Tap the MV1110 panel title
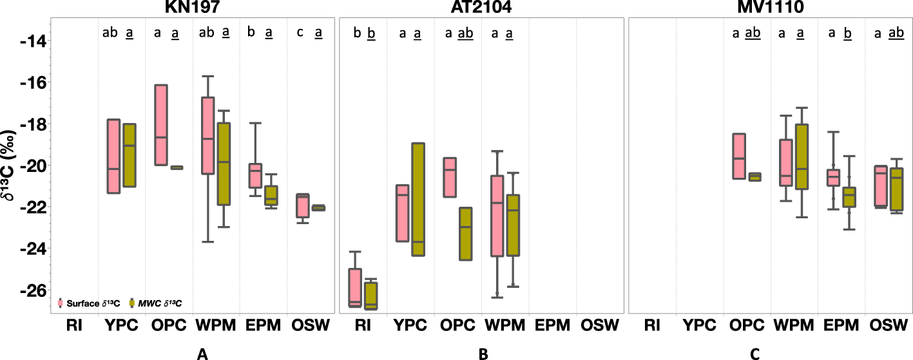tap(770, 7)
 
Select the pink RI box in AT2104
tap(354, 288)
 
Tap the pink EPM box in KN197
tap(255, 176)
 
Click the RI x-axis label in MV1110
tap(652, 325)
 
